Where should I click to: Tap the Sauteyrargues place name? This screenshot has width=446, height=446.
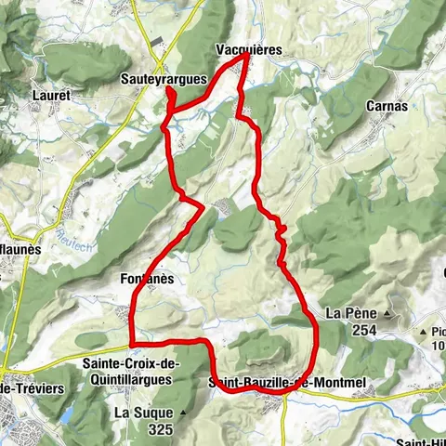click(x=164, y=80)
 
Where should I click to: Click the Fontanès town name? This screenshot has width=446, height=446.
click(x=147, y=278)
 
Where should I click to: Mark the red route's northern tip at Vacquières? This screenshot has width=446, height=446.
click(x=246, y=55)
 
